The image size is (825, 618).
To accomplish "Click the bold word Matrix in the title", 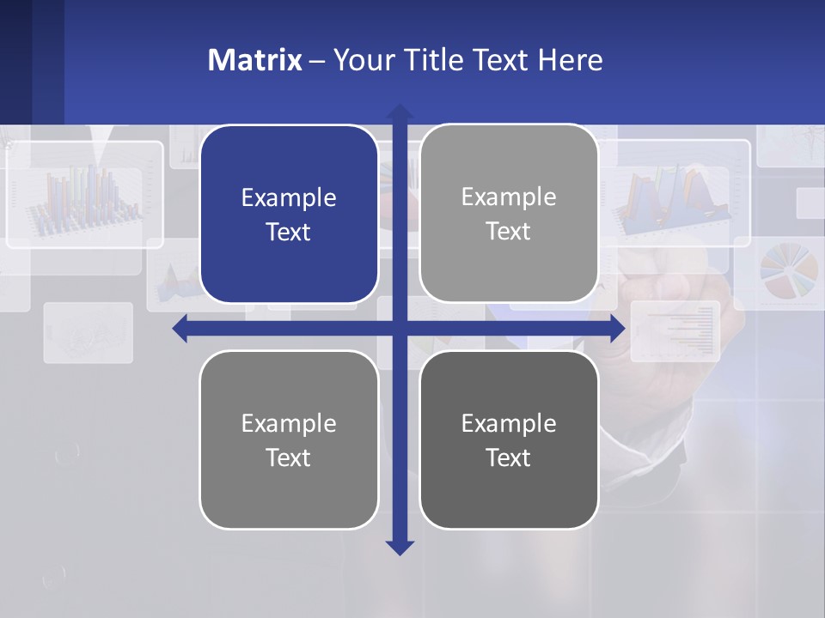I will coord(255,60).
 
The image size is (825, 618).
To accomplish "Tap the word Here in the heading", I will coord(571,60).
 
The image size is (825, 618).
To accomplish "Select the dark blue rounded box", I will coord(289,215).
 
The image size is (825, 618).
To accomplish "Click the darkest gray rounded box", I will coord(509,439).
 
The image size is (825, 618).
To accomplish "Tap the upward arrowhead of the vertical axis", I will coord(400,112).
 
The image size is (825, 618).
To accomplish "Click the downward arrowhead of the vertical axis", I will coord(400,547).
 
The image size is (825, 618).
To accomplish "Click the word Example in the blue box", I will coord(289,198).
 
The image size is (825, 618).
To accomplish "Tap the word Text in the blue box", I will coord(289,233).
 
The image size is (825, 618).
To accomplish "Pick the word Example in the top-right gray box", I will coord(509,197).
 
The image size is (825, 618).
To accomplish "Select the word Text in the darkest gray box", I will coord(509,457).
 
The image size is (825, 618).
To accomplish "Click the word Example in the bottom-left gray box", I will coord(289,423).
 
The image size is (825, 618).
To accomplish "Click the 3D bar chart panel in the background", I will coord(84,195).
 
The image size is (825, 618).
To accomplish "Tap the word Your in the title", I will coord(362,60).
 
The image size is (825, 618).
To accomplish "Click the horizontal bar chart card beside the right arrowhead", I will coord(676,330).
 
